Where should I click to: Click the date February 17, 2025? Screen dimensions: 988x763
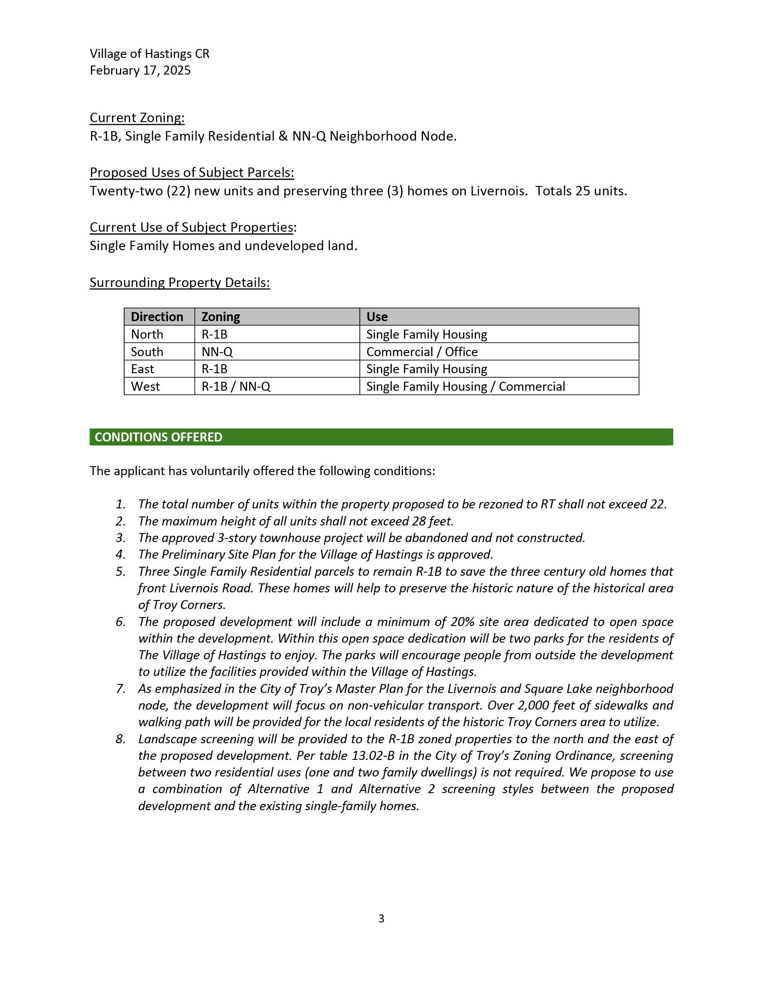140,71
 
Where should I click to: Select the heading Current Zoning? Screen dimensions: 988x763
137,118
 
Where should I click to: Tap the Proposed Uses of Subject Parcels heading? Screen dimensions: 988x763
192,172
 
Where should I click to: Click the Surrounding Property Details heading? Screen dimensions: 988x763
180,282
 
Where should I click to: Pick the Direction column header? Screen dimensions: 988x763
157,317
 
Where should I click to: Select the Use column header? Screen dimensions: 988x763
377,317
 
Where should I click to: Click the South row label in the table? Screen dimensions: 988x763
147,352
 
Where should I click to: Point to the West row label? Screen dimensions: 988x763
145,386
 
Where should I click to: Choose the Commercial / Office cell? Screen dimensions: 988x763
422,352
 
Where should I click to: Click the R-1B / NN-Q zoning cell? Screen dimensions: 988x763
236,386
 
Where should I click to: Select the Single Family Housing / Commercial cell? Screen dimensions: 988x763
465,386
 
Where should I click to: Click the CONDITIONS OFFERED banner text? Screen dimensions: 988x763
158,437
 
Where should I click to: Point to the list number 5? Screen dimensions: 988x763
120,571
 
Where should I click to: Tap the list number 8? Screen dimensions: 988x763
120,739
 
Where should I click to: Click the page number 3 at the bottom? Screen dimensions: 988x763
381,918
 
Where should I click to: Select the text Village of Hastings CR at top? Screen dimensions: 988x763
149,54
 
